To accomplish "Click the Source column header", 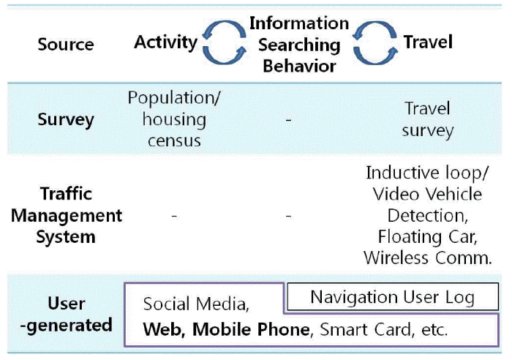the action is (66, 44).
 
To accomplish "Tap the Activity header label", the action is (165, 42).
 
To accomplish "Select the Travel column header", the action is (428, 42).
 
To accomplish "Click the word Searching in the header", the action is (299, 45).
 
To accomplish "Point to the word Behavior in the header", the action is (299, 66).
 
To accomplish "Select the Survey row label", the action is (66, 119).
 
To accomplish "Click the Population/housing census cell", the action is (174, 119).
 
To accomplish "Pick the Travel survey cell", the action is (428, 119).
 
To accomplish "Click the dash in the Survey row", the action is (288, 120).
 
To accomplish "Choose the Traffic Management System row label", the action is (67, 215).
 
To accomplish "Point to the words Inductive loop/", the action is (427, 173).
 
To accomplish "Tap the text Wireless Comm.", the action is (428, 258).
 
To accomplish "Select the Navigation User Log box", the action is (393, 296).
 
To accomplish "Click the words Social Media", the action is (196, 304).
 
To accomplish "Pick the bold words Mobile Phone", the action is (251, 329).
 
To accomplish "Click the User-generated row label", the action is (67, 314).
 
